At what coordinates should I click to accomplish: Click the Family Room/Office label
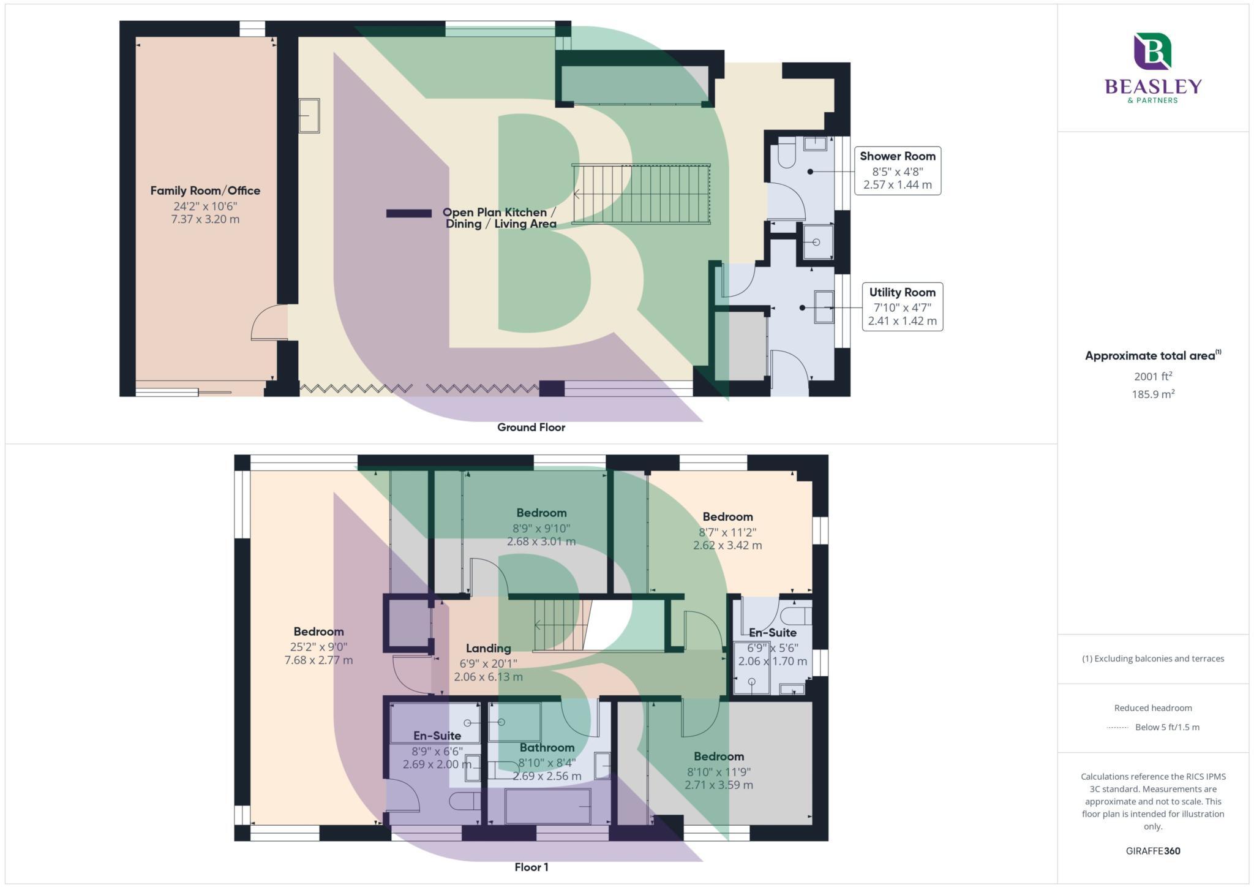click(205, 191)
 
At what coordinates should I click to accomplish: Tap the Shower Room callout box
click(897, 170)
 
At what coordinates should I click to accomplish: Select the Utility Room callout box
click(902, 306)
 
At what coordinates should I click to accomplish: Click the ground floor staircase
click(641, 194)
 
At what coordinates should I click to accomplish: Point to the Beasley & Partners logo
click(1153, 67)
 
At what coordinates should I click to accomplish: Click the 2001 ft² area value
click(1152, 376)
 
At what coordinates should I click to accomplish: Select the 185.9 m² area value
click(1152, 394)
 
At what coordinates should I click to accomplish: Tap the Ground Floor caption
click(531, 428)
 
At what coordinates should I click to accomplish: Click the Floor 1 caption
click(531, 867)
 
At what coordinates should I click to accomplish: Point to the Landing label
click(488, 648)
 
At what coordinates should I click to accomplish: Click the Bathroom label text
click(547, 747)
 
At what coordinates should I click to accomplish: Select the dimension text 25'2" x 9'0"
click(318, 646)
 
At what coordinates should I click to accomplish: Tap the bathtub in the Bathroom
click(547, 806)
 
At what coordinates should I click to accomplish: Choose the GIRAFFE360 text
click(1152, 851)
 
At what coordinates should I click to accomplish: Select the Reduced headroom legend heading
click(1152, 708)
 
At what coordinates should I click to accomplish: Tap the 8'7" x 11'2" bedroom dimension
click(727, 532)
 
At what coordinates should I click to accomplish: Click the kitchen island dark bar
click(408, 213)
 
